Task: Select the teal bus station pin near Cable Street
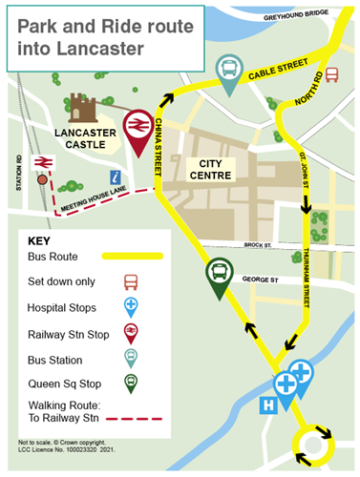(x=229, y=72)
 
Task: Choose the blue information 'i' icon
(x=116, y=176)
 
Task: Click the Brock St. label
(x=258, y=244)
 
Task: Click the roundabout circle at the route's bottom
(x=313, y=444)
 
